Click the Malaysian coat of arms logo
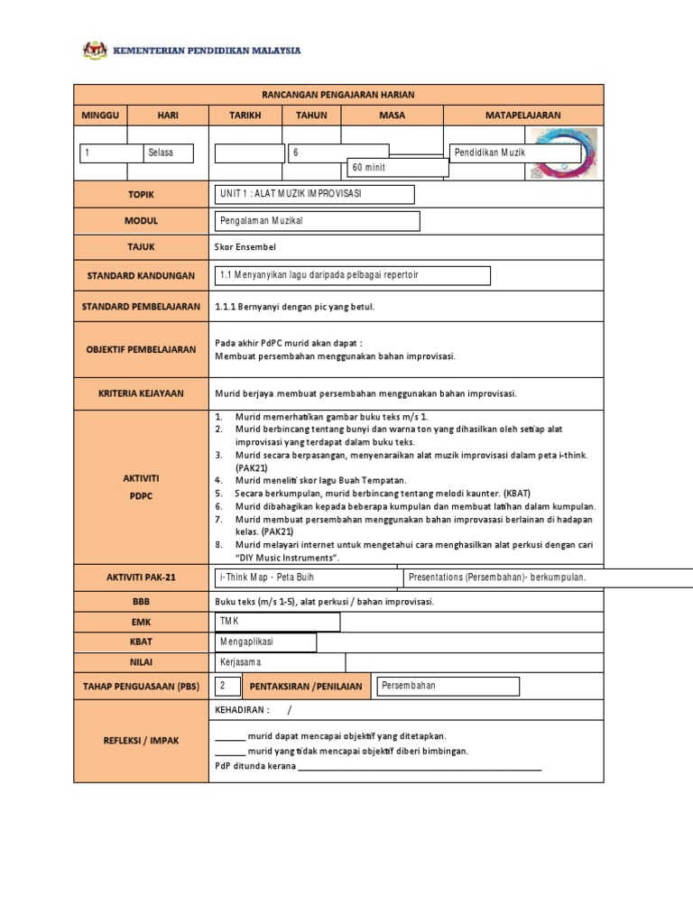tap(95, 51)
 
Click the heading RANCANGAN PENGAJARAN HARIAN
tap(338, 95)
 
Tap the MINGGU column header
tap(100, 115)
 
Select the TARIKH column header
tap(246, 115)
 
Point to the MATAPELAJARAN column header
tap(523, 115)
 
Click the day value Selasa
tap(170, 153)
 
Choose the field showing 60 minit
tap(398, 168)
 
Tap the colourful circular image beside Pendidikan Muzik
tap(564, 152)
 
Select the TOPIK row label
tap(141, 195)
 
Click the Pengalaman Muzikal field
tap(318, 221)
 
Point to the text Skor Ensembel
tap(245, 247)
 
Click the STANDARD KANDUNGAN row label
tap(141, 275)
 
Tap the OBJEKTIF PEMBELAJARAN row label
tap(141, 349)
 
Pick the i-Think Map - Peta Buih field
tap(307, 577)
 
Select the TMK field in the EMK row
tap(277, 622)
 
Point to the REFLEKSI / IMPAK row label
tap(141, 741)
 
